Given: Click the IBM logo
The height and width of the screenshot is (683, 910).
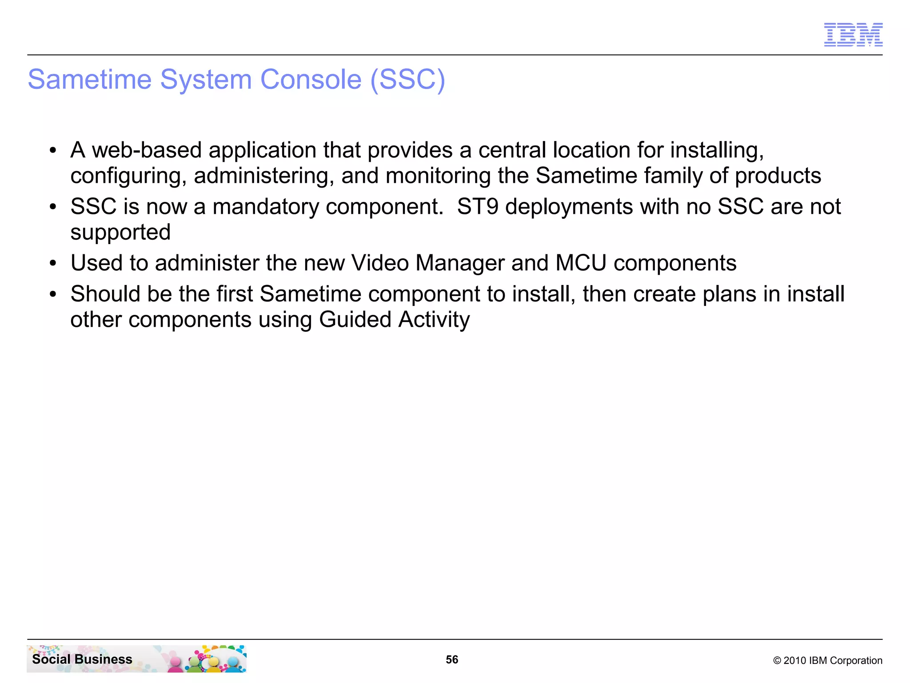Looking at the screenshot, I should pos(853,35).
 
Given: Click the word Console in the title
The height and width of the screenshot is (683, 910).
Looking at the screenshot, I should pos(311,80).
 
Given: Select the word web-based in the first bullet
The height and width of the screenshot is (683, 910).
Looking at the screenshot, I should pos(147,150).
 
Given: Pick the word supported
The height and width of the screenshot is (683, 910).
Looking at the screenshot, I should pos(120,233).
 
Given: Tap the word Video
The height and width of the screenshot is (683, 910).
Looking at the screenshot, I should pos(380,263).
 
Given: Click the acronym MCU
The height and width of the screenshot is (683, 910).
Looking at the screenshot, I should pos(581,263).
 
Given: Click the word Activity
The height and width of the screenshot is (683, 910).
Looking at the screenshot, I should pos(434,320).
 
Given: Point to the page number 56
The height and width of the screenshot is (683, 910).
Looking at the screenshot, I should pos(452,659).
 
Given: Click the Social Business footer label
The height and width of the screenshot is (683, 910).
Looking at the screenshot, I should pos(82,659).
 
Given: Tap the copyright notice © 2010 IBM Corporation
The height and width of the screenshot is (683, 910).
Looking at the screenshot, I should pos(827,660).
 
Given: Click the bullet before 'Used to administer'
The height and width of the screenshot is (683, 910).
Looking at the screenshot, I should pos(53,264).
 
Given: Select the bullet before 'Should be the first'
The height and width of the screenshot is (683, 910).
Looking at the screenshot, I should pos(53,294).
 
